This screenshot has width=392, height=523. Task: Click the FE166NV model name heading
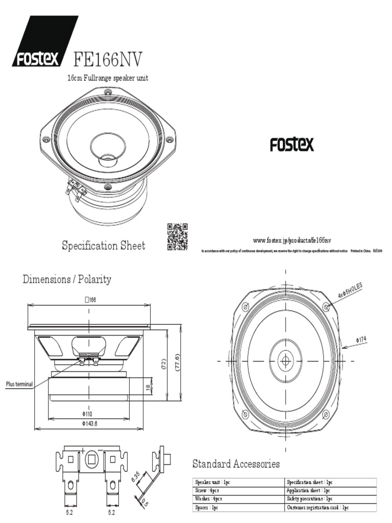[108, 59]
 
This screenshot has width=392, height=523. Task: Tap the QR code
[177, 237]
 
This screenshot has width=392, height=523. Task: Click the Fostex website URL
[292, 240]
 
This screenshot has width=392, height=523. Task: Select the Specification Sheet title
[104, 246]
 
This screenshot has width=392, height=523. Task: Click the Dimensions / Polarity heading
[67, 279]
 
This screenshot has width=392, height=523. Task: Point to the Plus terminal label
[19, 384]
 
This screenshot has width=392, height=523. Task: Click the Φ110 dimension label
[87, 413]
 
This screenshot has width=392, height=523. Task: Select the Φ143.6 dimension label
[89, 423]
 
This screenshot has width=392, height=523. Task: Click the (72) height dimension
[164, 364]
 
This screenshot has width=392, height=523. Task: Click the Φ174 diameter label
[361, 339]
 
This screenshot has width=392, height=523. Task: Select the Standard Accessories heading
[236, 464]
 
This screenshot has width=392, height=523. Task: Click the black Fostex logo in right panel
[292, 145]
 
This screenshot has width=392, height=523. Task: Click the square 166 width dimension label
[90, 300]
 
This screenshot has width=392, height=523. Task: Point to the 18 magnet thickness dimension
[148, 388]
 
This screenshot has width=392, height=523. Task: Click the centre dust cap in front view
[285, 361]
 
